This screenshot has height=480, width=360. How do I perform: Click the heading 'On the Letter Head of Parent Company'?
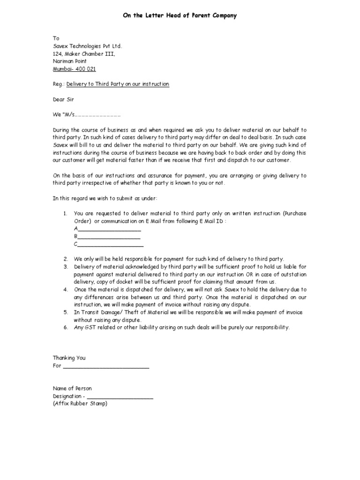pos(180,15)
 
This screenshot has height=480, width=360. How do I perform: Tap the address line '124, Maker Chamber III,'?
pos(83,54)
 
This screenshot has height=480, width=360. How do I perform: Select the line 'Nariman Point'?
pos(69,61)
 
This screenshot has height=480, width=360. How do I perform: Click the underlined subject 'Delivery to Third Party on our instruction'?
pos(118,84)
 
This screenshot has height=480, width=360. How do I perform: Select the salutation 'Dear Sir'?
pos(63,99)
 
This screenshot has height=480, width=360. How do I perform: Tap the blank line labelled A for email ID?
pos(109,229)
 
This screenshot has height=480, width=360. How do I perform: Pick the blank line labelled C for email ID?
pos(111,245)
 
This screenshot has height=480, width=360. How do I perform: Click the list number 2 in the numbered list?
pos(66,259)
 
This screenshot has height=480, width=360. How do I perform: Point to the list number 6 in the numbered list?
pos(66,327)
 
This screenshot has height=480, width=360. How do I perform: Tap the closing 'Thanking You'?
pos(69,358)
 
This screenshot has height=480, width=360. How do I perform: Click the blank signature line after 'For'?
pos(106,366)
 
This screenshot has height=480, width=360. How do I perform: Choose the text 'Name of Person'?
pos(72,389)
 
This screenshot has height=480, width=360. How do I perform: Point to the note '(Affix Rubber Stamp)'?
pos(80,404)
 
